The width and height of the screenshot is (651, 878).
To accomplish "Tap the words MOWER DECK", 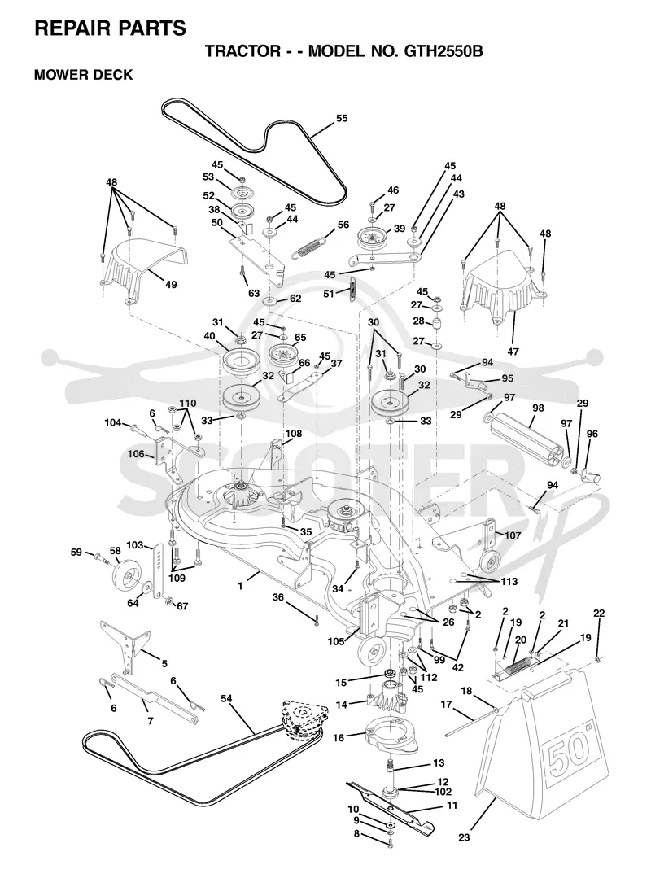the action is pos(83,75).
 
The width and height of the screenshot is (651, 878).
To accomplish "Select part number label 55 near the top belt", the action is pos(342,118).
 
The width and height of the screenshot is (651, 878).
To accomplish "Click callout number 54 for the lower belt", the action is pos(226,698).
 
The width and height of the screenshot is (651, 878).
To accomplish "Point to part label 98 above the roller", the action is pos(538,408).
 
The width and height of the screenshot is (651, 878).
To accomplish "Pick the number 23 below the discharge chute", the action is pos(464,837).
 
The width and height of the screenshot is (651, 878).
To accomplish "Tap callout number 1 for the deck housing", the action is pos(240,586).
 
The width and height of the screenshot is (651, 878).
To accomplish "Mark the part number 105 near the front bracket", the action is pos(336,642).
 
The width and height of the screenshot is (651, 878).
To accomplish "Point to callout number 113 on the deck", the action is pos(509,581).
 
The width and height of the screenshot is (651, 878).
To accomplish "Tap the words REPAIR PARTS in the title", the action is pos(111,28).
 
